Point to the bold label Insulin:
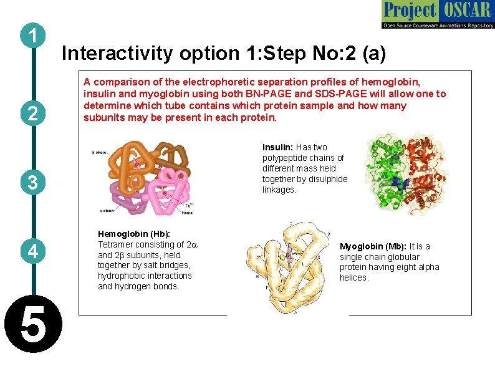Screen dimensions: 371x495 [x=278, y=148]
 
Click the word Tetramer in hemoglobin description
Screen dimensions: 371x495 [x=117, y=244]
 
